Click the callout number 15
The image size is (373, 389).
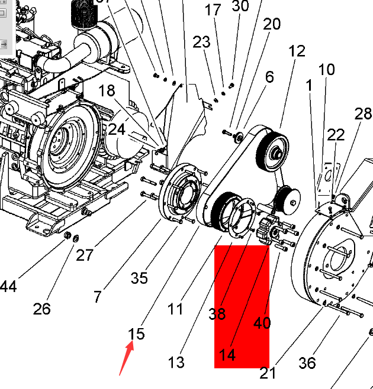tap(136, 334)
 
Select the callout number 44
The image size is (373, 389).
tap(7, 287)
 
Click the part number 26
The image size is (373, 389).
tap(41, 309)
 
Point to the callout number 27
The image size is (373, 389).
tap(85, 255)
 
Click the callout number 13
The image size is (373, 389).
tap(176, 361)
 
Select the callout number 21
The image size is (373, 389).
tap(268, 373)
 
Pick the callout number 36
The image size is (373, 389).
tap(307, 362)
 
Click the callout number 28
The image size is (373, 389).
tap(362, 114)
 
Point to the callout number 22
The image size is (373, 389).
tap(336, 135)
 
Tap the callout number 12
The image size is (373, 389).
tap(297, 51)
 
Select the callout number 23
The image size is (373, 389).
tap(201, 42)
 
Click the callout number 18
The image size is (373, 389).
tap(107, 90)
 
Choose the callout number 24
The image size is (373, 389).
tap(117, 129)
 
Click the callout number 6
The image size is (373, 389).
tap(269, 77)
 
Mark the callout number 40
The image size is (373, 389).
tap(262, 323)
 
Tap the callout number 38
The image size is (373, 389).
tap(217, 313)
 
